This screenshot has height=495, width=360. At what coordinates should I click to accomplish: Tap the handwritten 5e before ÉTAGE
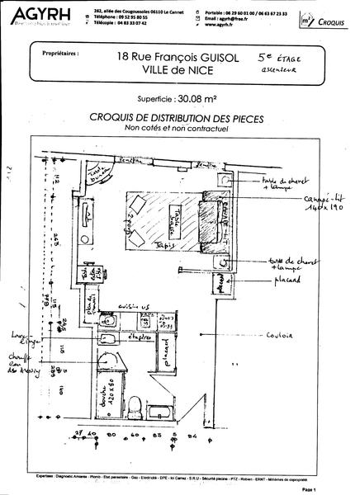coord(265,57)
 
